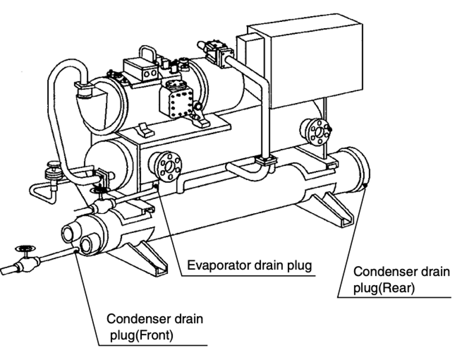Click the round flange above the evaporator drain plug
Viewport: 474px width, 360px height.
pos(166,165)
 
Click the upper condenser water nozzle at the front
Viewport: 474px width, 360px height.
pos(69,231)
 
